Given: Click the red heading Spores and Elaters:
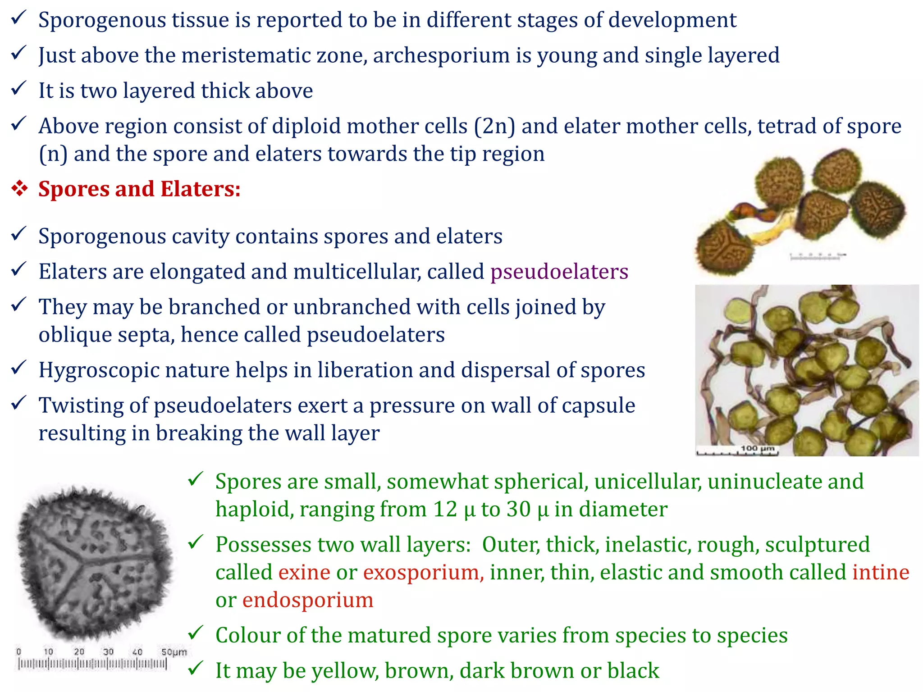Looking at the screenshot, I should point(139,189).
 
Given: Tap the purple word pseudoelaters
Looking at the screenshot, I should point(559,272).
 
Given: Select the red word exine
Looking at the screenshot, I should point(304,572).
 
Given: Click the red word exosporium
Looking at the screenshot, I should point(423,572).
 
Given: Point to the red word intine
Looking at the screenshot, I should point(881,572).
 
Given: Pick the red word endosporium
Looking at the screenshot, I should point(308,600).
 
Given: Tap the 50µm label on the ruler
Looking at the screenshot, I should point(174,652).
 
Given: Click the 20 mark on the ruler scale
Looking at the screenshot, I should point(79,652).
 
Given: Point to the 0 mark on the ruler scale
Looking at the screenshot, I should point(18,652).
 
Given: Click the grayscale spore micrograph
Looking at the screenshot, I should point(95,563).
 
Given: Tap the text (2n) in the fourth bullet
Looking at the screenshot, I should point(494,126).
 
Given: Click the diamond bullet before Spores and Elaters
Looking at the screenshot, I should point(20,189).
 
